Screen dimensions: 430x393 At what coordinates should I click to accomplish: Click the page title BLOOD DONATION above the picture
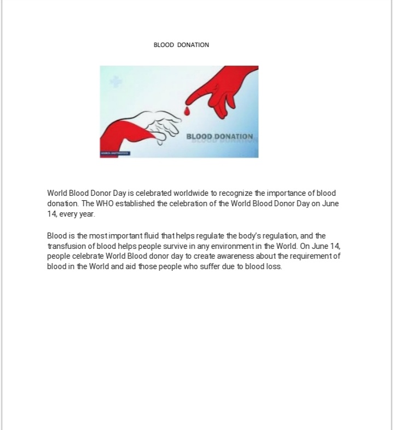click(x=181, y=45)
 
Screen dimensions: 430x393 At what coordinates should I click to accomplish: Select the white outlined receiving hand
click(x=161, y=123)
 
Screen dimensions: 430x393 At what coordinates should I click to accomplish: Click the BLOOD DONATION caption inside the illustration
click(x=219, y=137)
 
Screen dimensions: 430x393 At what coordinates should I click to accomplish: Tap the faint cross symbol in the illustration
click(x=115, y=82)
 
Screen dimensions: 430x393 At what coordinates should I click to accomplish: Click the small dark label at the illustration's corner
click(x=115, y=153)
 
